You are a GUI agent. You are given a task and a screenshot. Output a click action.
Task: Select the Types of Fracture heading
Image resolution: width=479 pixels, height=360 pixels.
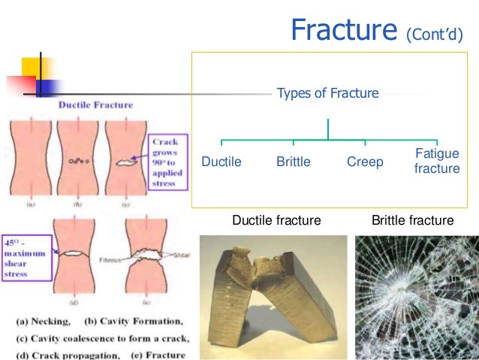tap(328, 94)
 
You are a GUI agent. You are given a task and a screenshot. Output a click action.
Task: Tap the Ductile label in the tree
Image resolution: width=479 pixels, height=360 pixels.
tap(221, 162)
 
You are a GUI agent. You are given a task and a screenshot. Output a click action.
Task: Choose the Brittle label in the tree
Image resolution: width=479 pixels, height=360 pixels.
tap(293, 162)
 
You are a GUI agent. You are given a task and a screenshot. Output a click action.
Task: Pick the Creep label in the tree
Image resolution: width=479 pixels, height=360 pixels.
tap(365, 162)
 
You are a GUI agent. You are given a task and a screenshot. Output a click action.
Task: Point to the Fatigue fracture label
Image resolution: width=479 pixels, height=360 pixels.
tap(437, 161)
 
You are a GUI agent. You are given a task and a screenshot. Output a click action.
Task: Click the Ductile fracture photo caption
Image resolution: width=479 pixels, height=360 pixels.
tap(276, 221)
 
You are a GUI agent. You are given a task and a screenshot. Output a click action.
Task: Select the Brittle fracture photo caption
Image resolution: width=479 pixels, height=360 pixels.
tap(413, 221)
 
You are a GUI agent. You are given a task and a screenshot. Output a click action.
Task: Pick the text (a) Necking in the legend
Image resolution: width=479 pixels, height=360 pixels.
tap(42, 318)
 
